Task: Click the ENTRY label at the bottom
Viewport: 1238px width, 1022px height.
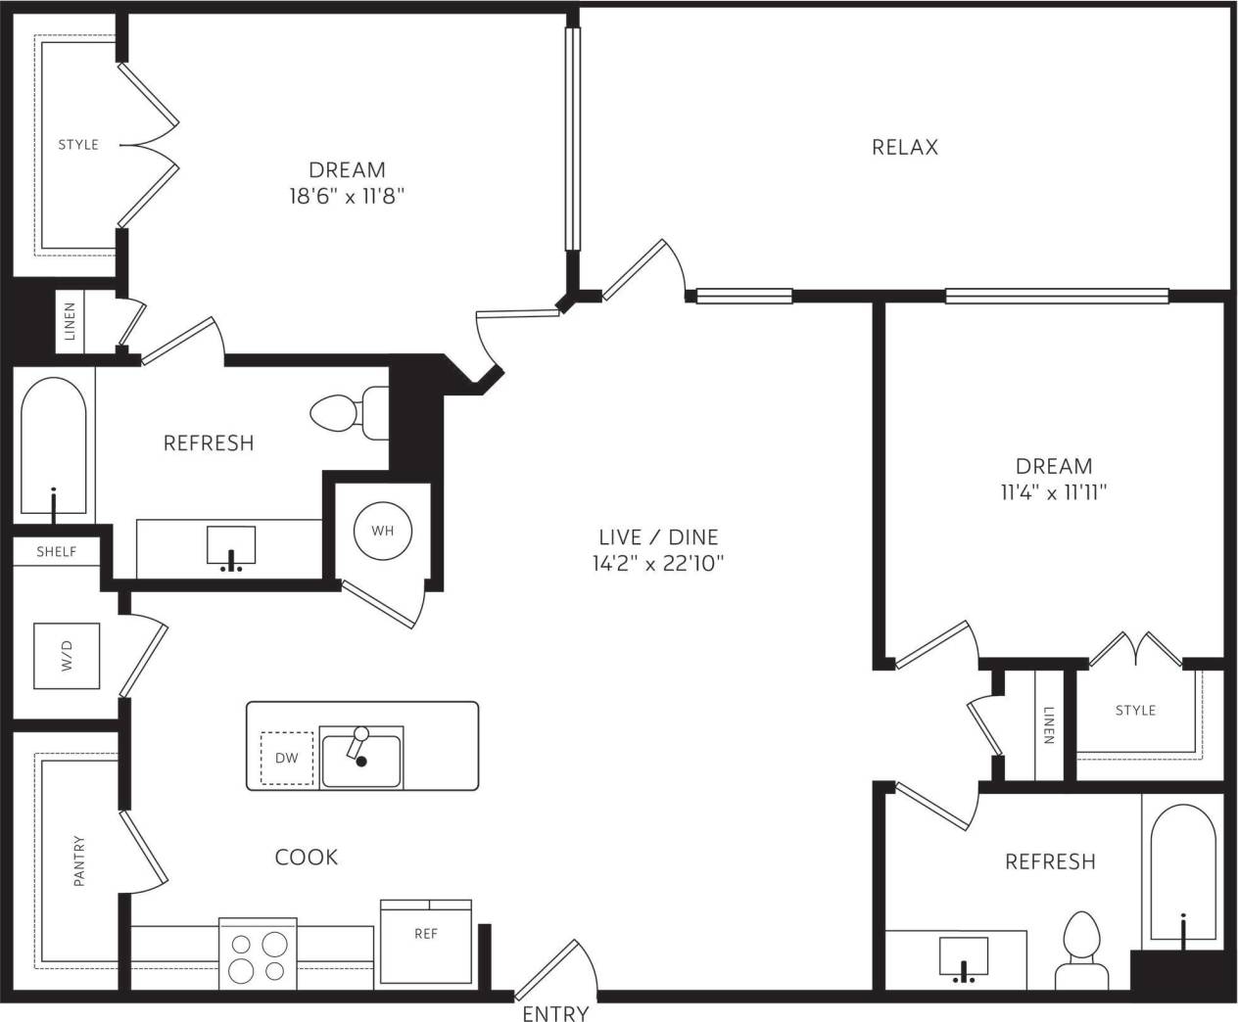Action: point(555,1013)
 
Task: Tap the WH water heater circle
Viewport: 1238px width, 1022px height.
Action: point(382,531)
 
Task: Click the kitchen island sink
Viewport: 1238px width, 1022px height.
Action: point(360,758)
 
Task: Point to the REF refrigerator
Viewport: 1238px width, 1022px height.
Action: point(425,940)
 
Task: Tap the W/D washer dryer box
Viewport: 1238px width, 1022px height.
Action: point(67,655)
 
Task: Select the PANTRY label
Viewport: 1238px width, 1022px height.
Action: point(79,860)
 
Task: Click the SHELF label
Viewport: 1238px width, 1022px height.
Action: point(57,552)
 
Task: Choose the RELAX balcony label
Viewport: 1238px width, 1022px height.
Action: point(904,147)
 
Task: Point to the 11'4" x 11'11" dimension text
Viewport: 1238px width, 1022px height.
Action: point(1053,492)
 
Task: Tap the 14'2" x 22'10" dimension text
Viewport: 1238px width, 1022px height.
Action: point(658,563)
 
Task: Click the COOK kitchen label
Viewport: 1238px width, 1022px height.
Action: point(307,858)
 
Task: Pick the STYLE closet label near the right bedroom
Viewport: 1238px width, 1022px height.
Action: point(1135,711)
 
